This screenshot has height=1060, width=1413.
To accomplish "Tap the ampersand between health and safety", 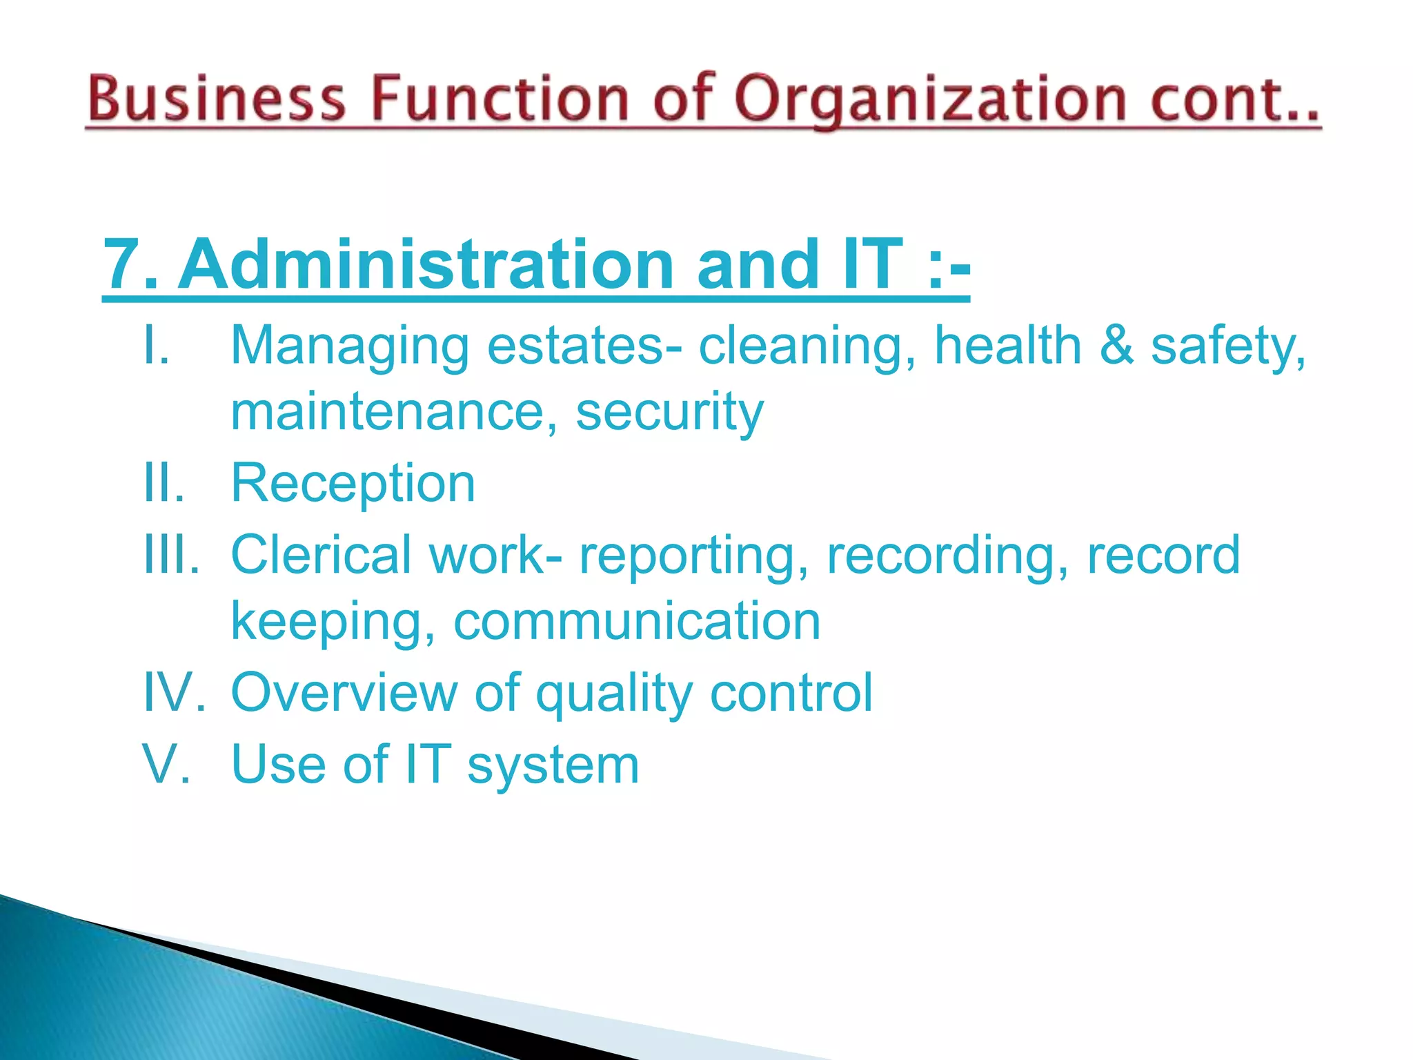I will [1116, 345].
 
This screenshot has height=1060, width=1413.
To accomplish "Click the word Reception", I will [353, 483].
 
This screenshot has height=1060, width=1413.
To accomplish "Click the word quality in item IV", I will [614, 692].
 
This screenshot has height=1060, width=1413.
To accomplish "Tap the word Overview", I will [344, 692].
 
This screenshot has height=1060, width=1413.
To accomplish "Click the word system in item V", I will [553, 765].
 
